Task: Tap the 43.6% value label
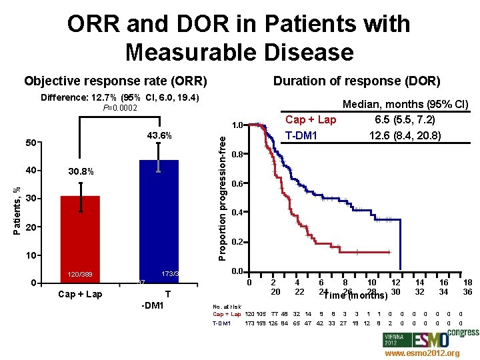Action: pyautogui.click(x=159, y=136)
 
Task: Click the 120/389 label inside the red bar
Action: pyautogui.click(x=80, y=274)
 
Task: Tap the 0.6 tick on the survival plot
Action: pyautogui.click(x=237, y=183)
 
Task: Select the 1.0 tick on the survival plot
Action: pyautogui.click(x=237, y=125)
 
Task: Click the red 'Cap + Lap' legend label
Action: pyautogui.click(x=310, y=120)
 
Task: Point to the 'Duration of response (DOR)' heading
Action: pyautogui.click(x=357, y=81)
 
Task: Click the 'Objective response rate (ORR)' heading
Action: pyautogui.click(x=116, y=81)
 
